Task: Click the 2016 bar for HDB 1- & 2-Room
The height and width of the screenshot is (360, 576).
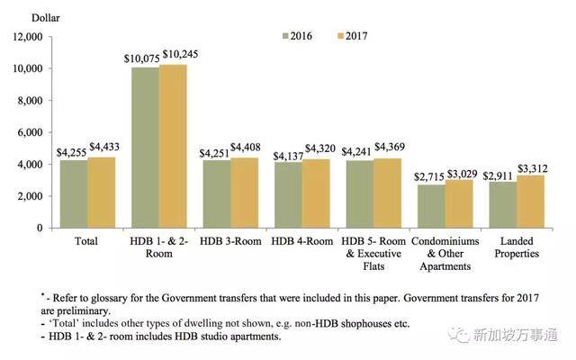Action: click(145, 148)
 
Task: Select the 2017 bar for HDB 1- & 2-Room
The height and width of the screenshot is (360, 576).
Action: click(173, 146)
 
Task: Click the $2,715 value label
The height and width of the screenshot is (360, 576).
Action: click(426, 175)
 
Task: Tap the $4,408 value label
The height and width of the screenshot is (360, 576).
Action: click(247, 148)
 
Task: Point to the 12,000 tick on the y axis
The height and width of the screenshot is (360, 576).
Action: click(25, 37)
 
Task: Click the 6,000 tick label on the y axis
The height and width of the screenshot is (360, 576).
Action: click(30, 132)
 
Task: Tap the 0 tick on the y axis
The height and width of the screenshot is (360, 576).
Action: click(40, 228)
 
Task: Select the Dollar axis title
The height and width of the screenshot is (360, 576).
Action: click(25, 17)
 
